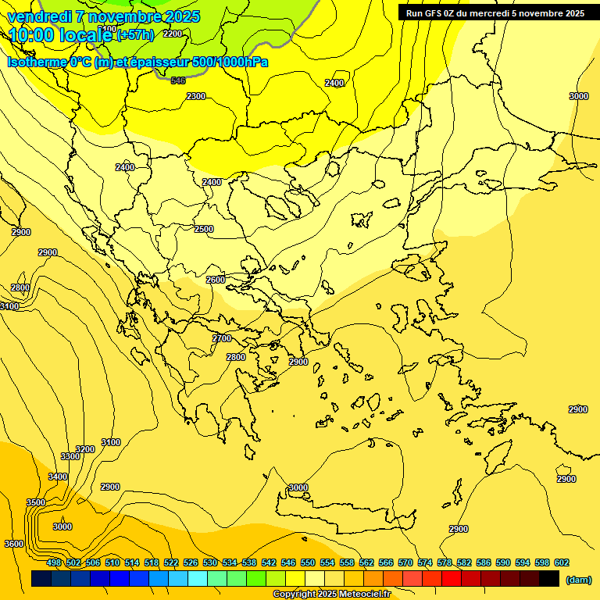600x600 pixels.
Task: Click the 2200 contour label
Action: [x=173, y=34]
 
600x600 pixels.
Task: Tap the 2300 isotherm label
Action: [x=196, y=96]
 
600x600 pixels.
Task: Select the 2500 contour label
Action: [x=204, y=229]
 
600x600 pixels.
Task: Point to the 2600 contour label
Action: [x=216, y=280]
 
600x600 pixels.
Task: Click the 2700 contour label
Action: [x=222, y=338]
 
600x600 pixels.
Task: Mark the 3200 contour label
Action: [x=85, y=449]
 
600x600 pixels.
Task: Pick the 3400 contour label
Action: [x=58, y=477]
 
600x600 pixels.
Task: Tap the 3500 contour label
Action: [x=36, y=502]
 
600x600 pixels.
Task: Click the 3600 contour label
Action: [x=14, y=544]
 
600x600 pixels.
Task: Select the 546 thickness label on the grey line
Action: [x=178, y=80]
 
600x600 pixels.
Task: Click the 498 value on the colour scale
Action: [x=54, y=562]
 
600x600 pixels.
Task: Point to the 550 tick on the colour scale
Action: [x=308, y=562]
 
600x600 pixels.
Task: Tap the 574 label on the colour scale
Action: [x=425, y=562]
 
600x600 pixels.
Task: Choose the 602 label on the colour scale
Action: [x=562, y=562]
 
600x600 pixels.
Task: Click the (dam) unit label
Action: [x=579, y=580]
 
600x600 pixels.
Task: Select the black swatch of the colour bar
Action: [x=549, y=579]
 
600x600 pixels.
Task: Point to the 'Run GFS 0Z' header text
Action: [x=431, y=13]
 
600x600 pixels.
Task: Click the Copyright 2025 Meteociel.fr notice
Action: [x=331, y=595]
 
